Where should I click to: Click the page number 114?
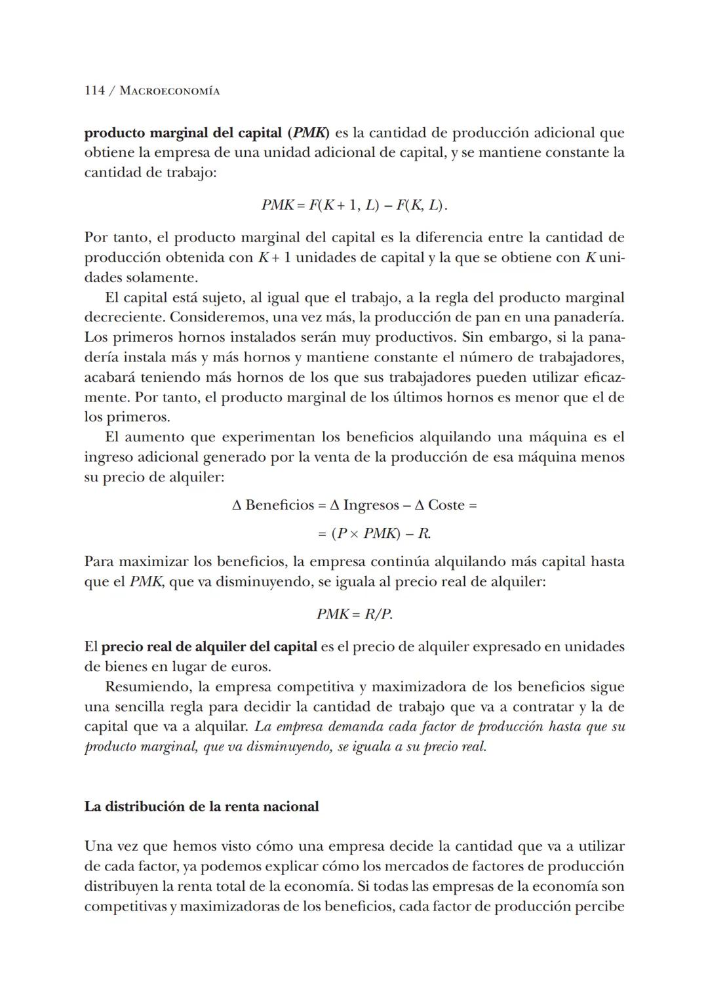(x=94, y=91)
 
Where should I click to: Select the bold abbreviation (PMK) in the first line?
(x=308, y=133)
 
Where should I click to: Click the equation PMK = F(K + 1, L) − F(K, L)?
(x=354, y=205)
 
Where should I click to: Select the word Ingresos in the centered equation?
(x=371, y=505)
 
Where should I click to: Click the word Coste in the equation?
(x=446, y=505)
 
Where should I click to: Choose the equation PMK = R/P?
(x=354, y=614)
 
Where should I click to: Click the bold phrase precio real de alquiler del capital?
(x=209, y=647)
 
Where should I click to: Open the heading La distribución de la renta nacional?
(x=201, y=806)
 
